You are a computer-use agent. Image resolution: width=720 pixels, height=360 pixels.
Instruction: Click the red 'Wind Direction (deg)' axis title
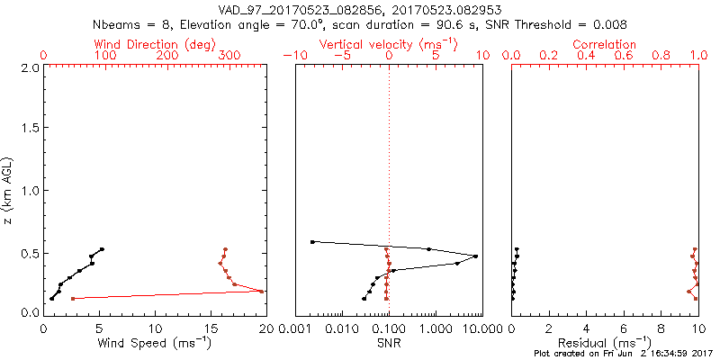(156, 44)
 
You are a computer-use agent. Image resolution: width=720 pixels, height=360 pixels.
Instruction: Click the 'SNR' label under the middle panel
(389, 343)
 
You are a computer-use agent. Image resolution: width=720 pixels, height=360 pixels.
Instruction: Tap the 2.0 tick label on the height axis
(29, 67)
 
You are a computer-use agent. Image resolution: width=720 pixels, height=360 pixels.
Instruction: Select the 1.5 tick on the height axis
(29, 129)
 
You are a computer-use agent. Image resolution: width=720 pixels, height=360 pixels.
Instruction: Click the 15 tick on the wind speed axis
(211, 328)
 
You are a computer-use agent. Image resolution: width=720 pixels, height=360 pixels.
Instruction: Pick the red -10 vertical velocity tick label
(294, 57)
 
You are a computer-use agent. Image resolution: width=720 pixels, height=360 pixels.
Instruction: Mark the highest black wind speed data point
(103, 249)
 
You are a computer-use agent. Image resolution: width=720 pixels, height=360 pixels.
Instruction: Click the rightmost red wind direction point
(262, 291)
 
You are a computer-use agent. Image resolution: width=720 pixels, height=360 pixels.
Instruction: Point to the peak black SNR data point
(475, 256)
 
